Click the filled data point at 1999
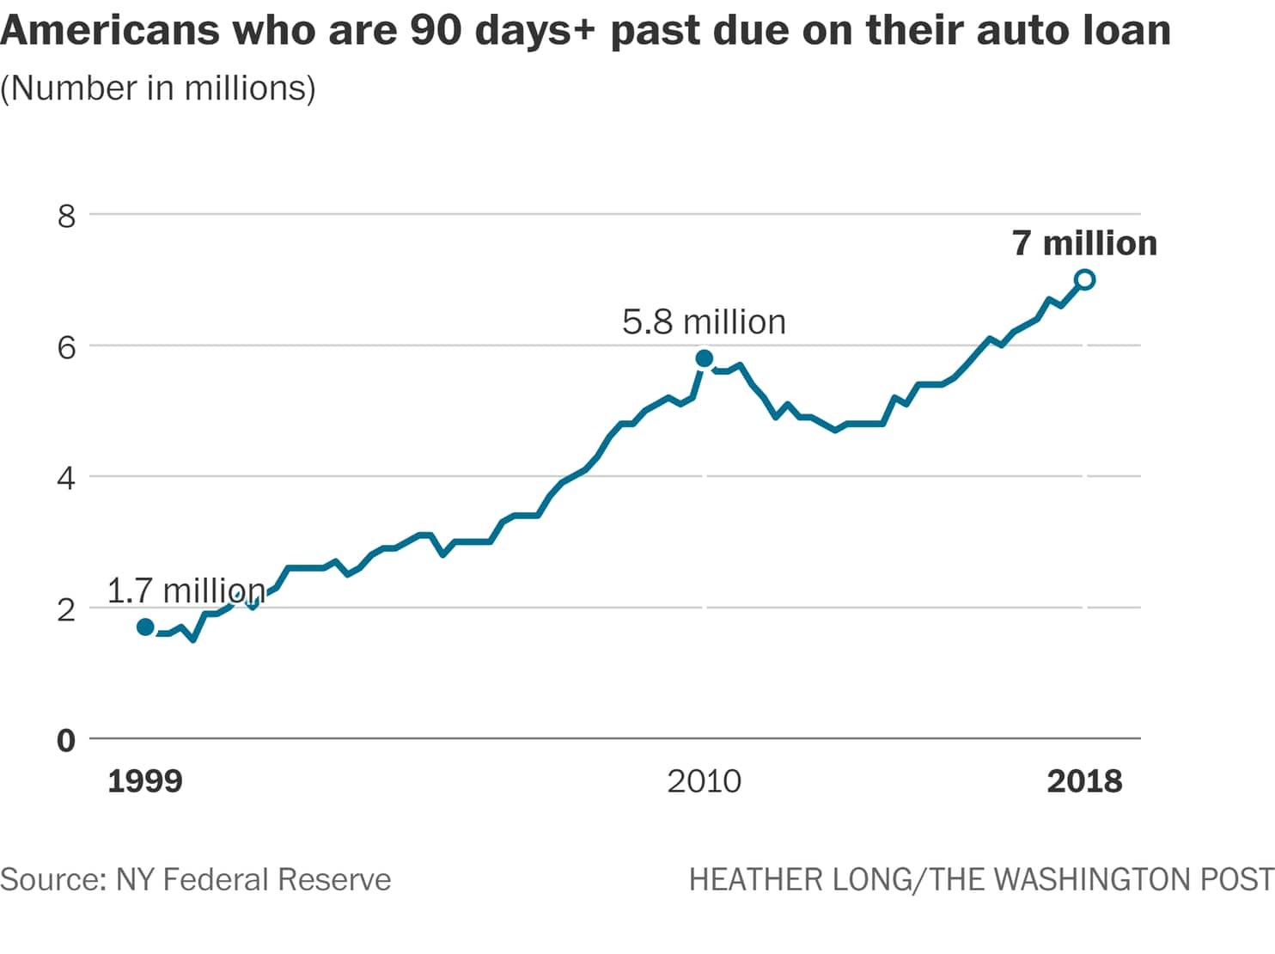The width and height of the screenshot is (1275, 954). pos(145,627)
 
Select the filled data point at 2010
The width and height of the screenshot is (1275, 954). pos(704,358)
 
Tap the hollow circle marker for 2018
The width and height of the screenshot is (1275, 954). pos(1084,279)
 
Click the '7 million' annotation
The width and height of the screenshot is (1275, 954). pos(1084,243)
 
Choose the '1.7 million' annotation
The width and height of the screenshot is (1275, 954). pos(186,590)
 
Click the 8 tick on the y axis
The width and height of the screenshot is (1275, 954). pos(66,216)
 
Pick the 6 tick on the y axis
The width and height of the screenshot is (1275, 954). pos(66,347)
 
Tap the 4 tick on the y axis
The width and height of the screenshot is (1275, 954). pos(66,479)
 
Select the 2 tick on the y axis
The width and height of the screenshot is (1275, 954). pos(66,610)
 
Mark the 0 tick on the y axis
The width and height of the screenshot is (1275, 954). pos(66,741)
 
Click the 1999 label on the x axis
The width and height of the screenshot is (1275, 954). pos(145,781)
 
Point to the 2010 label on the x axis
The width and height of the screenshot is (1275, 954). pos(704,781)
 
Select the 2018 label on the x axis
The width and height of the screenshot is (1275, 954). pos(1084,781)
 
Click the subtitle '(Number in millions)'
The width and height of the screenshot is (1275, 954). pos(158,89)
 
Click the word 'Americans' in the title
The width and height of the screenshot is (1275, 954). pos(110,30)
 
